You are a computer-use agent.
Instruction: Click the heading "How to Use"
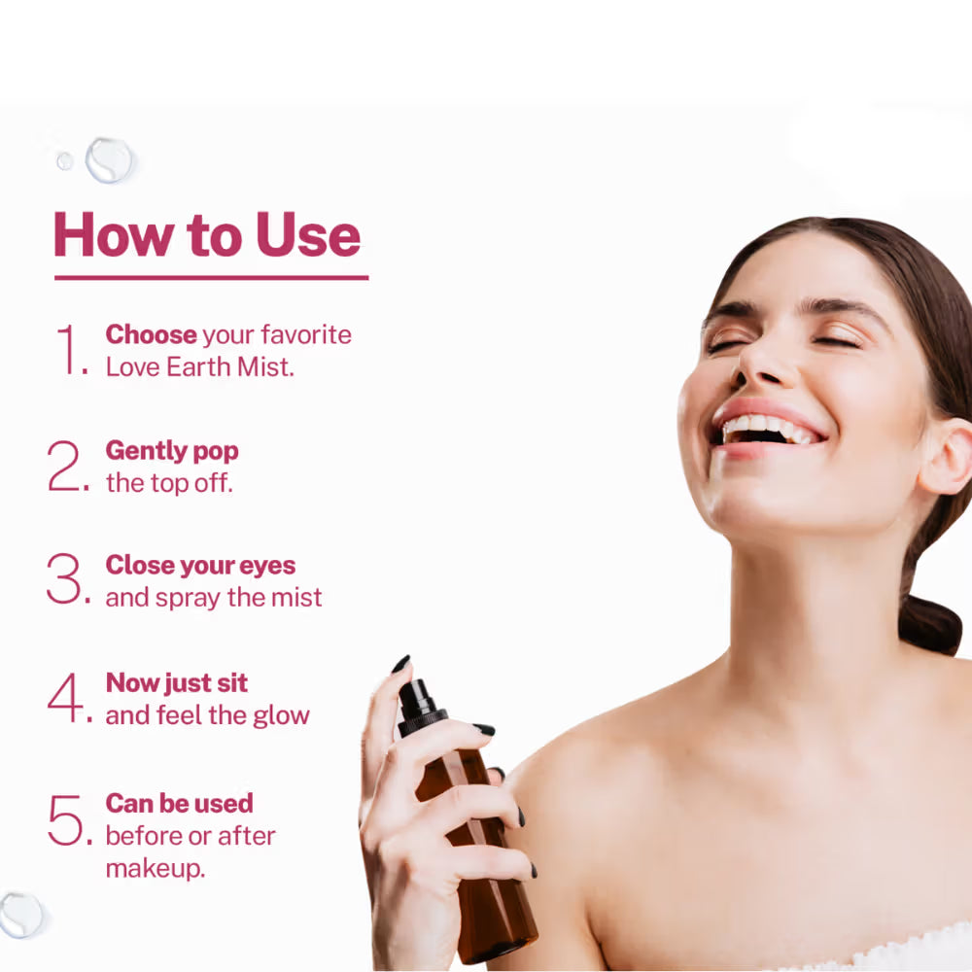point(207,236)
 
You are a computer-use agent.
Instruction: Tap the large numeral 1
point(69,350)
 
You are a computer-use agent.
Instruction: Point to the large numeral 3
point(66,580)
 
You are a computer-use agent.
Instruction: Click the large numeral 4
point(66,697)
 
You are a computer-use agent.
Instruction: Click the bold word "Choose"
point(151,334)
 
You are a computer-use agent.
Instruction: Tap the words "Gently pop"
point(172,451)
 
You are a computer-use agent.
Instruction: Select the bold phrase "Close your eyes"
point(200,566)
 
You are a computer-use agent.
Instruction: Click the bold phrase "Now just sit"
point(176,682)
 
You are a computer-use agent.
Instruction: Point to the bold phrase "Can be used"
point(179,804)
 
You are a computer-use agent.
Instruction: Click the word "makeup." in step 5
point(156,868)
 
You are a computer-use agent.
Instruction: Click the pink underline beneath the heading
point(211,278)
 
